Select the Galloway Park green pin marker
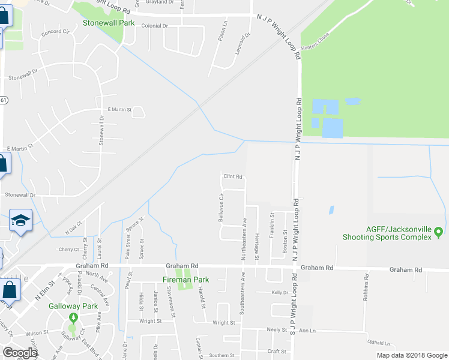click(x=73, y=317)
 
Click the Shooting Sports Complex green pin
click(x=438, y=232)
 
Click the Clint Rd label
click(x=232, y=177)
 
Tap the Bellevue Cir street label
click(x=221, y=208)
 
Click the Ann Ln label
click(x=307, y=330)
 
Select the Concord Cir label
click(x=55, y=32)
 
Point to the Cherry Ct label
click(x=68, y=249)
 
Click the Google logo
click(x=20, y=353)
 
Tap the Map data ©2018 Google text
click(x=411, y=355)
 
